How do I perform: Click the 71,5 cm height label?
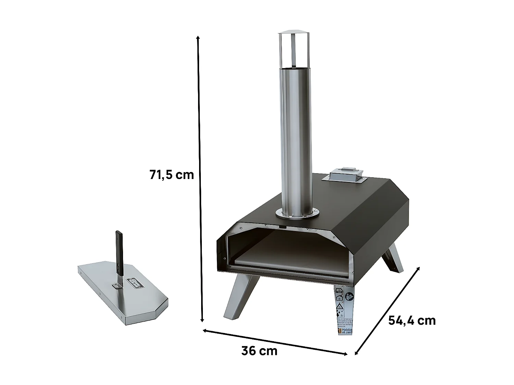coord(171,175)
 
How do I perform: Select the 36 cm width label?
coord(259,351)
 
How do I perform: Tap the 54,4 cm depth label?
coord(412,320)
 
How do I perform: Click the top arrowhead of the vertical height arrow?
coord(198,37)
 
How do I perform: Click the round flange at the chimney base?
coord(297,214)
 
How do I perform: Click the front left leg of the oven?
coord(240,296)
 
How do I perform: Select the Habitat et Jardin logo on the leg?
coord(344,330)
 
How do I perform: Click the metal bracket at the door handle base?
coord(118,282)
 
